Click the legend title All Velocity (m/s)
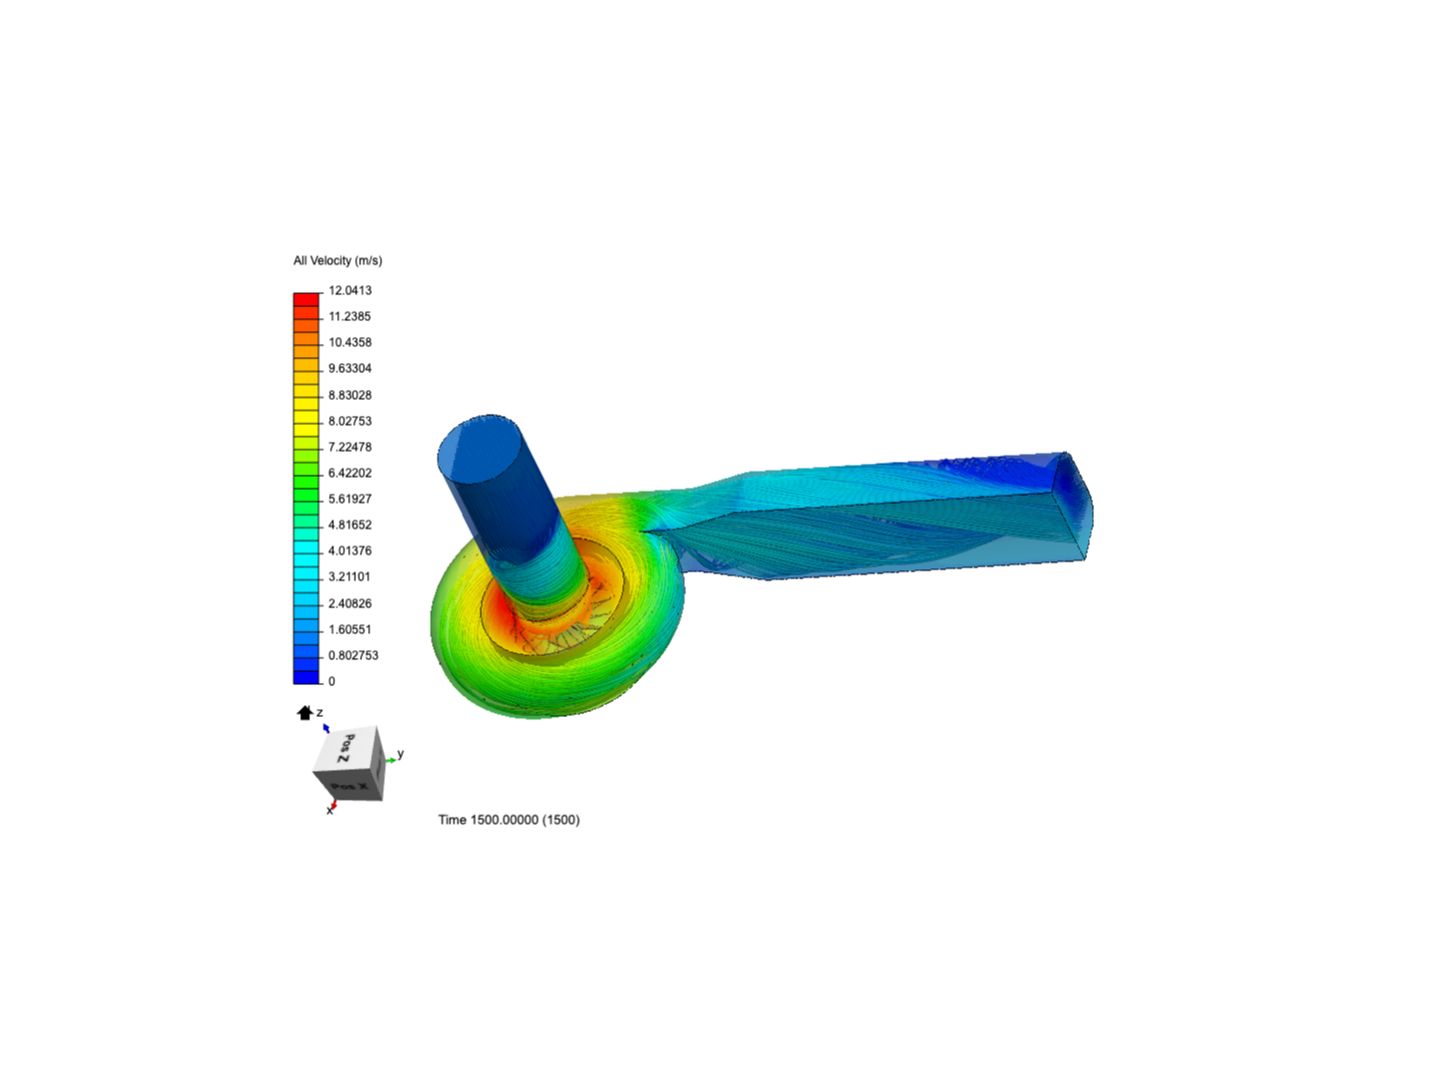pyautogui.click(x=337, y=260)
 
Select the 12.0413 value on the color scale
pyautogui.click(x=350, y=290)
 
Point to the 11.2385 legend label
pyautogui.click(x=349, y=316)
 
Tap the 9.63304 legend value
pyautogui.click(x=350, y=368)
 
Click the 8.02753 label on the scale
pyautogui.click(x=350, y=421)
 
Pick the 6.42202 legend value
pyautogui.click(x=350, y=473)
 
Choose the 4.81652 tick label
pyautogui.click(x=350, y=525)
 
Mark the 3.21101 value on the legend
pyautogui.click(x=349, y=576)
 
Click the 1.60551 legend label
pyautogui.click(x=349, y=629)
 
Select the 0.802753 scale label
pyautogui.click(x=353, y=655)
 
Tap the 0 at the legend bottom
pyautogui.click(x=332, y=681)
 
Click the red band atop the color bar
pyautogui.click(x=306, y=299)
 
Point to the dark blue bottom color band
pyautogui.click(x=306, y=677)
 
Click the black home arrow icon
pyautogui.click(x=304, y=713)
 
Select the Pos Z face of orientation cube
pyautogui.click(x=344, y=749)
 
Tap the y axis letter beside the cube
pyautogui.click(x=400, y=754)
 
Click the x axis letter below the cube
pyautogui.click(x=329, y=811)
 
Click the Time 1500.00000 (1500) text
pyautogui.click(x=509, y=820)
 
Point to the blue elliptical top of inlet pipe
pyautogui.click(x=480, y=445)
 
